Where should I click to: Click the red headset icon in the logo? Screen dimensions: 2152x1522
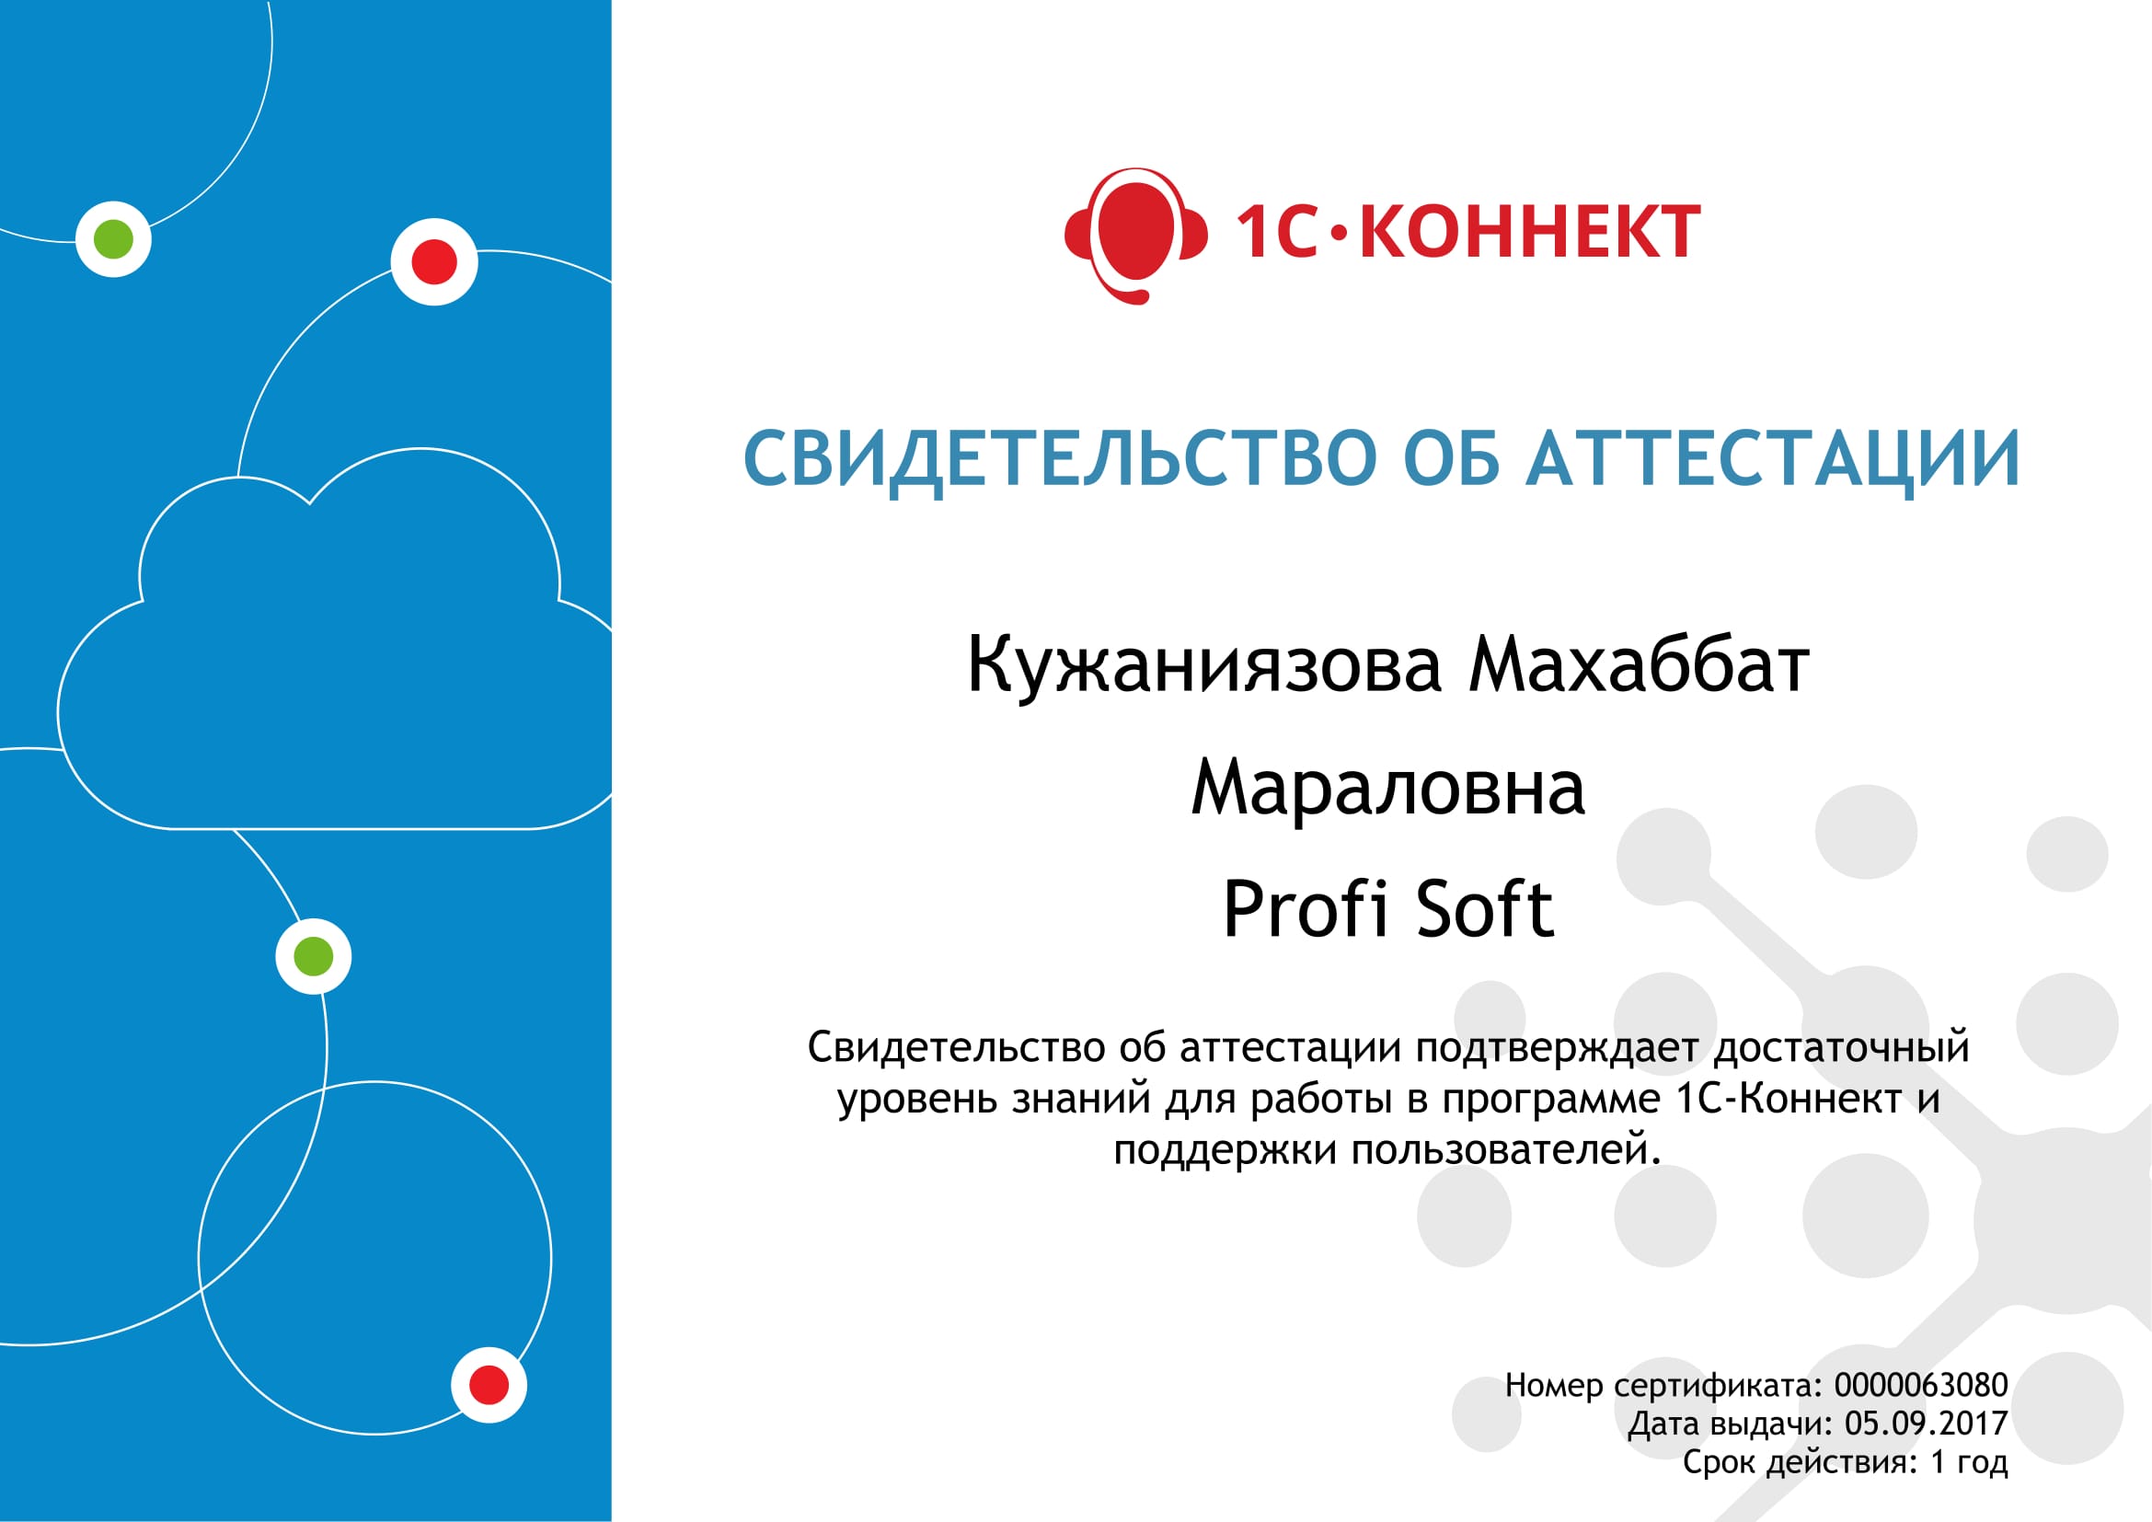(x=1135, y=236)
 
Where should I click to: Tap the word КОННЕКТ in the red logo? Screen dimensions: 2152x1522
(x=1529, y=232)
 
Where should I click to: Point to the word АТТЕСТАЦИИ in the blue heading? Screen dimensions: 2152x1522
(x=1772, y=459)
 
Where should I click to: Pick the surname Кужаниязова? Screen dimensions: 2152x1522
(x=1203, y=664)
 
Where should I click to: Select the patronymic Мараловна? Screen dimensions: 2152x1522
(x=1388, y=788)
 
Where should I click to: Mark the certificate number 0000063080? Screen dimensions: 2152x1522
(x=1920, y=1385)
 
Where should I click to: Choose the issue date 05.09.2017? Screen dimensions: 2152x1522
(x=1926, y=1424)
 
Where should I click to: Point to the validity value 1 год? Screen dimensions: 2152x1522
(x=1969, y=1462)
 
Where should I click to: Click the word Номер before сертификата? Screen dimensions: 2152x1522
(x=1554, y=1385)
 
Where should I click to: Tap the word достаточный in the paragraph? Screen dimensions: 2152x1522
(x=1842, y=1048)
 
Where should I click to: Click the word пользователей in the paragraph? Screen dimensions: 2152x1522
(x=1505, y=1150)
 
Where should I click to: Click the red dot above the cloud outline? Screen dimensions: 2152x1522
(x=434, y=261)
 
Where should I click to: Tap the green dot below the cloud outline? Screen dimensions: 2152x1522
(x=313, y=956)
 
